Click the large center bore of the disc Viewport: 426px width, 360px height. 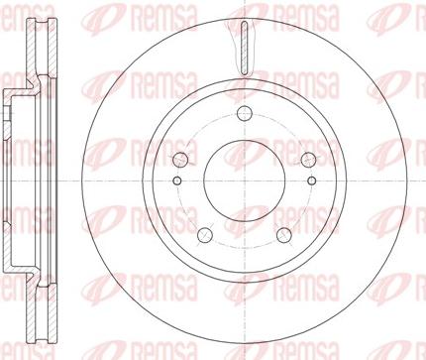click(245, 180)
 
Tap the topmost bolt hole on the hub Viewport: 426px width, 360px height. click(245, 113)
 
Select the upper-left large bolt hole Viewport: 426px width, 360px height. click(180, 160)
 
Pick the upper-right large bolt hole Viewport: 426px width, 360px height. click(308, 160)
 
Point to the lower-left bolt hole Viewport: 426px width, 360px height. click(205, 235)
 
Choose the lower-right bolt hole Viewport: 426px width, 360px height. click(284, 235)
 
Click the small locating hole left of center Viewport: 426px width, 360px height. click(177, 180)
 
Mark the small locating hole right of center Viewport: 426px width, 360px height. click(311, 180)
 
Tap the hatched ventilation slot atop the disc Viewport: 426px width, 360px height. click(245, 48)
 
